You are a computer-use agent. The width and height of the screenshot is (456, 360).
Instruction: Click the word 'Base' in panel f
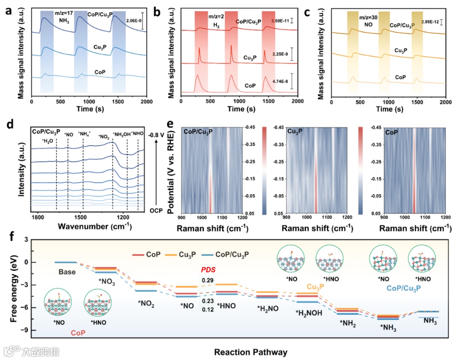tap(67, 272)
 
